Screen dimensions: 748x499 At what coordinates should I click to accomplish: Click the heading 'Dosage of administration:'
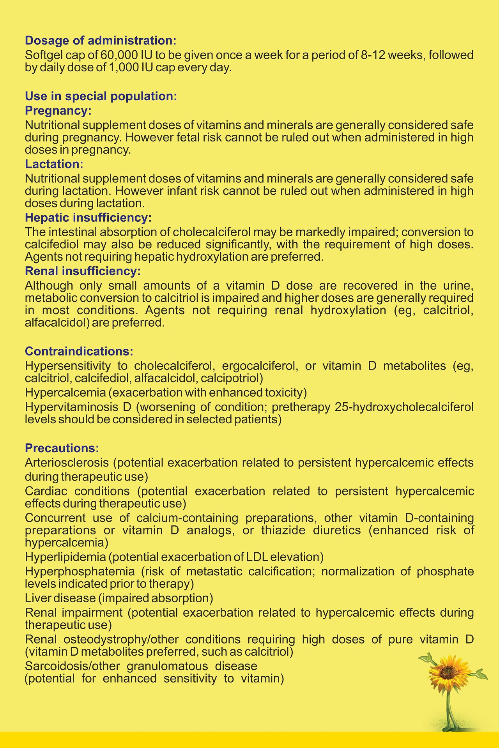pyautogui.click(x=101, y=41)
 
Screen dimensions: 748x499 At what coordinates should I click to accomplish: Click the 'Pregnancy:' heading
pyautogui.click(x=58, y=111)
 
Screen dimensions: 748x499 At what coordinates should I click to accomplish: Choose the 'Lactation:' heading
pyautogui.click(x=54, y=164)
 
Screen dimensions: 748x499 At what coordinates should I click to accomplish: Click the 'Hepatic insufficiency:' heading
pyautogui.click(x=88, y=218)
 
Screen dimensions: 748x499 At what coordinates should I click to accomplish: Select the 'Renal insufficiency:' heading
pyautogui.click(x=83, y=271)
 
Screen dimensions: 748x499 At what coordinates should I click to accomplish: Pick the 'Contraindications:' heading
pyautogui.click(x=79, y=351)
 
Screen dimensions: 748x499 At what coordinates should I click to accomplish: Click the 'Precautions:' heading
pyautogui.click(x=62, y=448)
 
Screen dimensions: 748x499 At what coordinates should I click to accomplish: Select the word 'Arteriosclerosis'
pyautogui.click(x=67, y=463)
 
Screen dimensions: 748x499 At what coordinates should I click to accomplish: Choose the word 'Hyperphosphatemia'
pyautogui.click(x=80, y=572)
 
